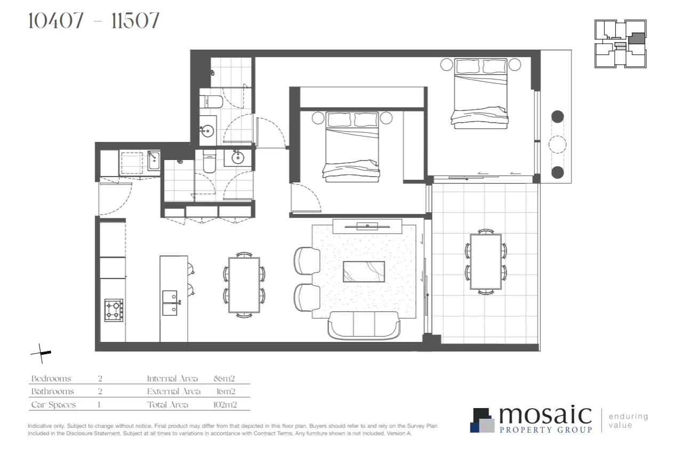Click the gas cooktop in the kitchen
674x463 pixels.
point(114,310)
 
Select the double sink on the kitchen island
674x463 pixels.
point(170,303)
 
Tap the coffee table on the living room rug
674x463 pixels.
point(364,270)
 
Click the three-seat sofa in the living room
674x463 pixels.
point(364,325)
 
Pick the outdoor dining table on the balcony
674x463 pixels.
point(486,261)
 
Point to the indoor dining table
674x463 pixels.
point(244,284)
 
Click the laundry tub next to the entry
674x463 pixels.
point(154,161)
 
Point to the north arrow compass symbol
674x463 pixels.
point(41,353)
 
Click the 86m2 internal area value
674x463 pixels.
point(223,379)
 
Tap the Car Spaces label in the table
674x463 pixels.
point(53,405)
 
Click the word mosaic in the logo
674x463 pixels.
point(545,415)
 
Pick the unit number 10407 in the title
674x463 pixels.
point(56,21)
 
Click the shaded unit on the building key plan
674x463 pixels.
point(637,39)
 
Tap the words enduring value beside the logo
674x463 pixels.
point(628,420)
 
